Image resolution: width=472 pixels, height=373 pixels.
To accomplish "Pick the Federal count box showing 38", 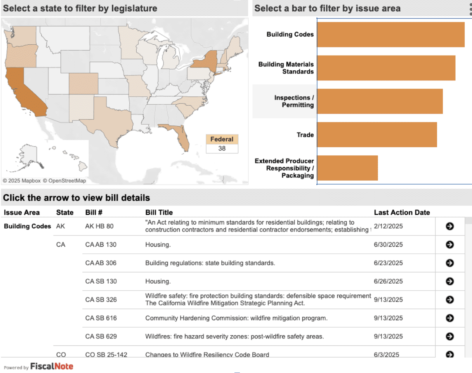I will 222,148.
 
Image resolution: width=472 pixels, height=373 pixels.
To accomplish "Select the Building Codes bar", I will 390,35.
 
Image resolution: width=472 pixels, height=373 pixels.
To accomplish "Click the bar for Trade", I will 377,135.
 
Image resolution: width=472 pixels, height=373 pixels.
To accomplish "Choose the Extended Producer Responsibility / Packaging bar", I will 347,168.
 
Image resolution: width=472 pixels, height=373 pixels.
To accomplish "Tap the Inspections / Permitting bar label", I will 294,101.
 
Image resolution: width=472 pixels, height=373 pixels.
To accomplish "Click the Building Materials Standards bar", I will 386,68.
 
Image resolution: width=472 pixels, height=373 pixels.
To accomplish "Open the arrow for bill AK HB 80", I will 450,226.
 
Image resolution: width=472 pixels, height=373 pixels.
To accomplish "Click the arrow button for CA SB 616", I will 450,318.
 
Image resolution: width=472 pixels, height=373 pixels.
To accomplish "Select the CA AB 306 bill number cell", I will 101,263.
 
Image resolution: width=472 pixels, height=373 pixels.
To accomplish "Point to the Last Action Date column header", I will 402,213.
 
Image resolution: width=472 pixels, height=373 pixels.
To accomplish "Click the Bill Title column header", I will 159,213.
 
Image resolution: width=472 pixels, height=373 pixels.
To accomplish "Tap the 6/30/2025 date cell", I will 388,245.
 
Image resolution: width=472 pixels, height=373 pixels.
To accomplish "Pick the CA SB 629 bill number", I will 101,336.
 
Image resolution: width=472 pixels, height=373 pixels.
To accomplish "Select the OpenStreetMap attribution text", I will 64,181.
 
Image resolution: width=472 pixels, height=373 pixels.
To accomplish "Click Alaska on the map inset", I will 28,155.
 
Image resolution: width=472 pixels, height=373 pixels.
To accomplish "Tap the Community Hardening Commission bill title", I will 236,318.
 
